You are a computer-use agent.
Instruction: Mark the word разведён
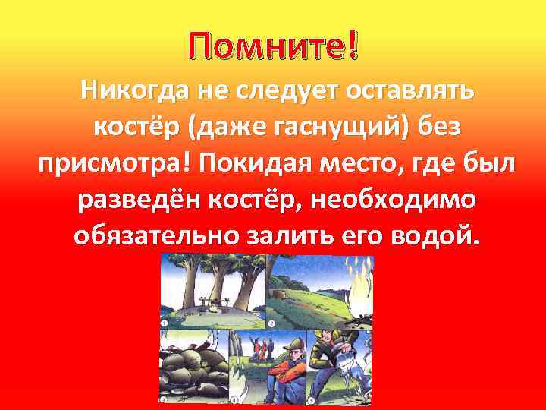[x=140, y=200]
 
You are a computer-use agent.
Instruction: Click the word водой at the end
[x=435, y=237]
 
